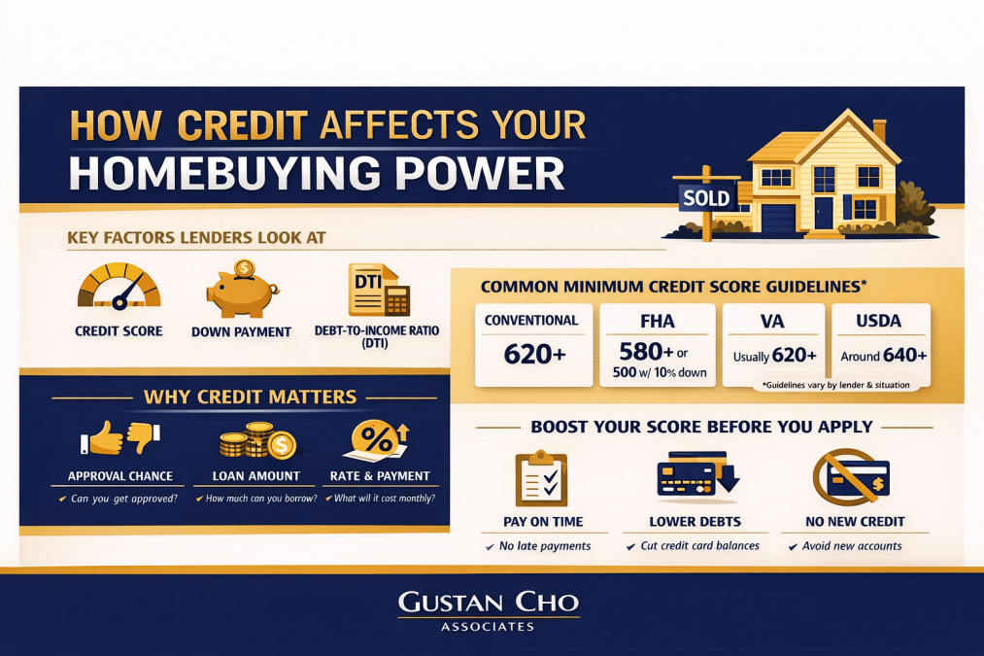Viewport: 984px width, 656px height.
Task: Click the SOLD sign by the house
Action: (x=706, y=198)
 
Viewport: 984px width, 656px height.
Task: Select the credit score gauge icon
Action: (x=119, y=287)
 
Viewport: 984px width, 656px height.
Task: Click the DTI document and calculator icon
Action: (x=379, y=290)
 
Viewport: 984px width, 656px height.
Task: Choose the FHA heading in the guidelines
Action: (x=657, y=322)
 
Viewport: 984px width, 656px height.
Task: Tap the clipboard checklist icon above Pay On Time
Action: (x=542, y=477)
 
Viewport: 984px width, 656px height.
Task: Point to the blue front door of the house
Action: (x=824, y=212)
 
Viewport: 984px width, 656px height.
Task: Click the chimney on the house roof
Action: (x=879, y=130)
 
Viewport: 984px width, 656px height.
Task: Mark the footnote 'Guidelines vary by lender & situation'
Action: (x=836, y=386)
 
